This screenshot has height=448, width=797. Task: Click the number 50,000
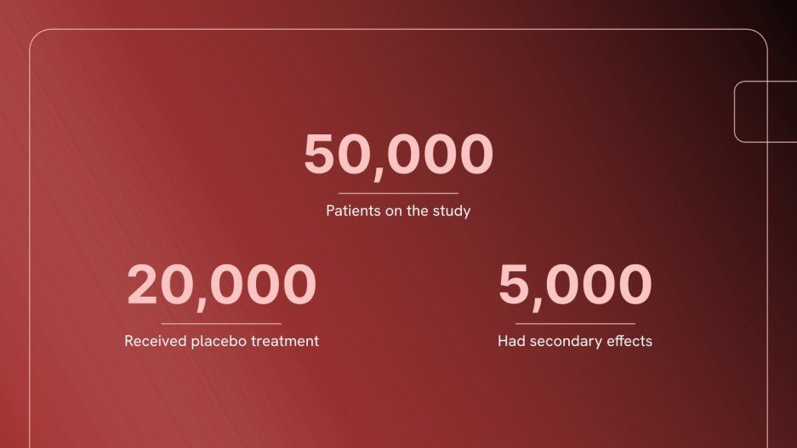398,155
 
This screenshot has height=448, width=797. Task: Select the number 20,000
221,286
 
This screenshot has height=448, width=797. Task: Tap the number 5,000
575,286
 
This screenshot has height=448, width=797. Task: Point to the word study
452,211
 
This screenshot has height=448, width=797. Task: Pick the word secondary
563,341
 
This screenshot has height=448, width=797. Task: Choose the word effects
629,341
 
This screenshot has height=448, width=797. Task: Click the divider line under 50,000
398,193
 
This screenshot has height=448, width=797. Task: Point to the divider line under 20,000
221,323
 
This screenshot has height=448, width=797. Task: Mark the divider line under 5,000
575,323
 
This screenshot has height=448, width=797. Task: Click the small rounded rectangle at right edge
766,111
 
